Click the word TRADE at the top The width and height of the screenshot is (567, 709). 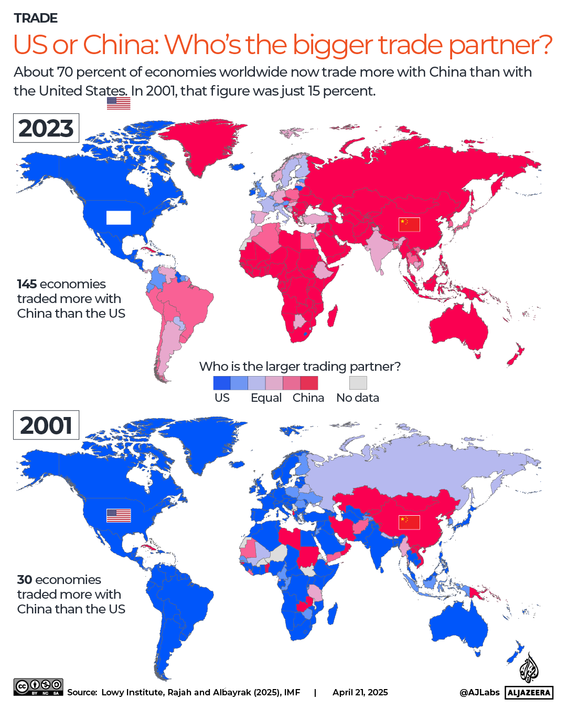(36, 18)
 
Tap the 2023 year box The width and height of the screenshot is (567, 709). (46, 128)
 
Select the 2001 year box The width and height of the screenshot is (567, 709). (46, 425)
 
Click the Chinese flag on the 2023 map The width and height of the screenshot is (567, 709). (409, 224)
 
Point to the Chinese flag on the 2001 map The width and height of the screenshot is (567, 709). (409, 522)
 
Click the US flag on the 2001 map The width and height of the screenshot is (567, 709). (119, 516)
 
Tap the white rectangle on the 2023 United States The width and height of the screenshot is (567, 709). (119, 217)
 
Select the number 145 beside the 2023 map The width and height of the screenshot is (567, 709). (27, 284)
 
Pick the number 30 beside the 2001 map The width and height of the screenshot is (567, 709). (25, 580)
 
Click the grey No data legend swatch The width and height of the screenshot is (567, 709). (358, 382)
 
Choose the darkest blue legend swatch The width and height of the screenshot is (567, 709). (222, 382)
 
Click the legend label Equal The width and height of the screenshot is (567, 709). (266, 398)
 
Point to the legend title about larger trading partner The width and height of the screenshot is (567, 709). (299, 366)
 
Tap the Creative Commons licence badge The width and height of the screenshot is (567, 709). (38, 687)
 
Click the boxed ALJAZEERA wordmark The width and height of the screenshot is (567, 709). (529, 693)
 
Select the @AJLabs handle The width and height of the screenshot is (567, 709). (479, 693)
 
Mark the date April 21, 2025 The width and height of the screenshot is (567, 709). (360, 693)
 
